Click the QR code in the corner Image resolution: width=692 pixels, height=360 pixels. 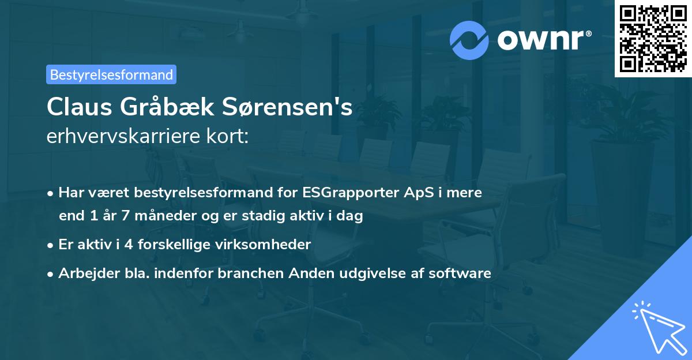tap(653, 39)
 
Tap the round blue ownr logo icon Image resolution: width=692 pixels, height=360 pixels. tap(469, 40)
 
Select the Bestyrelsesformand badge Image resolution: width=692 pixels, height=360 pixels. tap(111, 74)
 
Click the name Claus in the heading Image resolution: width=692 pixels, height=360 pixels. tap(80, 107)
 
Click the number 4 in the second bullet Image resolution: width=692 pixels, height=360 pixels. tap(121, 244)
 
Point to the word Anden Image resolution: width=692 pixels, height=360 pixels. tap(314, 273)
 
